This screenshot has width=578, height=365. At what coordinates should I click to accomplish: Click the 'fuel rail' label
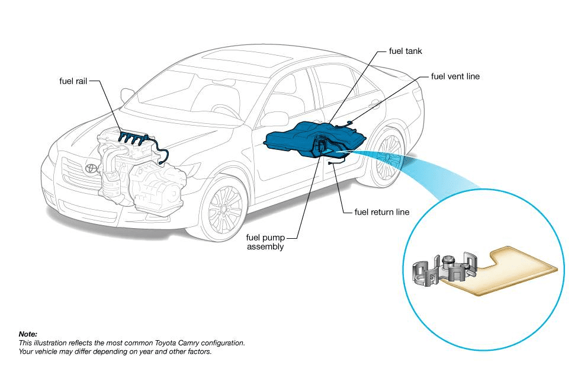(x=73, y=81)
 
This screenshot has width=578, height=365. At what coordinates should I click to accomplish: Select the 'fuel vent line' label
(x=455, y=76)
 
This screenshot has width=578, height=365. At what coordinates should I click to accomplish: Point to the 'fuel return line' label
(x=381, y=212)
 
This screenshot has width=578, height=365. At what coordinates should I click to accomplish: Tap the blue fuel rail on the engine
(x=134, y=139)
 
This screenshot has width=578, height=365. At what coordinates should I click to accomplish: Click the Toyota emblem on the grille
(x=91, y=168)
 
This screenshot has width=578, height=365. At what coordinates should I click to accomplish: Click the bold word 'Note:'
(x=28, y=335)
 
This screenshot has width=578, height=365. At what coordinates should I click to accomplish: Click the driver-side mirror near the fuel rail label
(x=127, y=94)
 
